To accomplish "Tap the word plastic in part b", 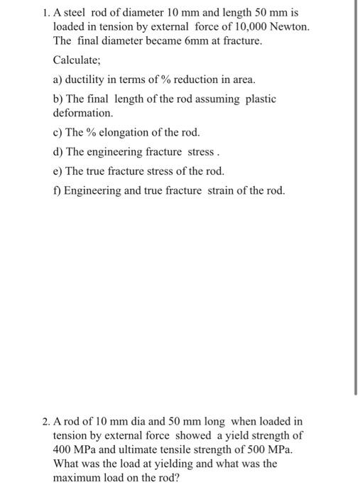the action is pyautogui.click(x=261, y=99).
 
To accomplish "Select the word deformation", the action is pyautogui.click(x=82, y=113).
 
